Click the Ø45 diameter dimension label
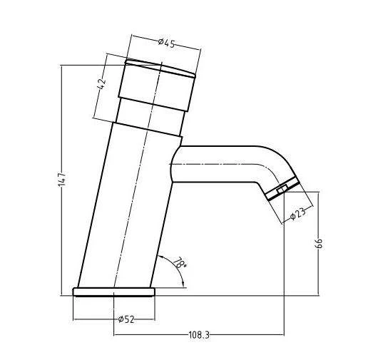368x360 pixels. click(x=165, y=42)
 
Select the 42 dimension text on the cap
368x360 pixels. click(x=103, y=83)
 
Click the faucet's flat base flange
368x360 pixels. click(x=114, y=291)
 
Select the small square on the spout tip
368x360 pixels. click(x=282, y=189)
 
